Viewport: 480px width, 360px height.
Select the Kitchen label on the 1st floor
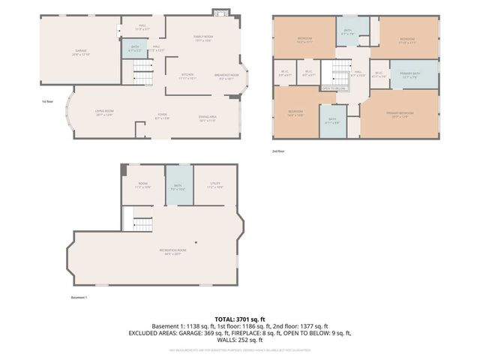pyautogui.click(x=188, y=76)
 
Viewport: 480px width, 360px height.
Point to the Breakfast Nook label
pyautogui.click(x=227, y=76)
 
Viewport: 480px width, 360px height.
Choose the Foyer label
pyautogui.click(x=161, y=116)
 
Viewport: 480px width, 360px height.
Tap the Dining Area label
pyautogui.click(x=208, y=118)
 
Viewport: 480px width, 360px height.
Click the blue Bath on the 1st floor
pyautogui.click(x=134, y=49)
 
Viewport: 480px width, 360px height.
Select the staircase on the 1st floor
pyautogui.click(x=143, y=73)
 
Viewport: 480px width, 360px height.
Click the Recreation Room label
pyautogui.click(x=172, y=253)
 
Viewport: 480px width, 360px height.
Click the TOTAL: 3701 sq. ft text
pyautogui.click(x=240, y=319)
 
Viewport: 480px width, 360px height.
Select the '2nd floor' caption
pyautogui.click(x=280, y=152)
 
